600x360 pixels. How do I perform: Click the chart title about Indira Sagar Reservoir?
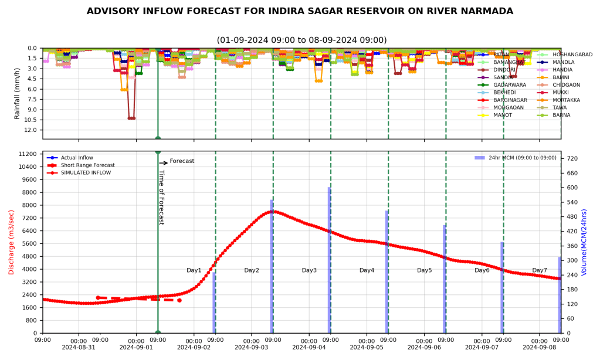pyautogui.click(x=300, y=11)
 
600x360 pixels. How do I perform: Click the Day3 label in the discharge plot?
pyautogui.click(x=309, y=270)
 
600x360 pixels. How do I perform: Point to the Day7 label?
pyautogui.click(x=540, y=270)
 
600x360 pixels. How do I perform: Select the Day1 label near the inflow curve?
pyautogui.click(x=194, y=270)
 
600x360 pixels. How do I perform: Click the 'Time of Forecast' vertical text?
pyautogui.click(x=162, y=198)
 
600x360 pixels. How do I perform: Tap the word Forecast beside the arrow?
pyautogui.click(x=182, y=161)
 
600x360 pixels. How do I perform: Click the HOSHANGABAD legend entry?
pyautogui.click(x=572, y=55)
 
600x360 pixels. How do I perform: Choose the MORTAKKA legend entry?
pyautogui.click(x=567, y=100)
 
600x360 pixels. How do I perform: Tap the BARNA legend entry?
pyautogui.click(x=561, y=116)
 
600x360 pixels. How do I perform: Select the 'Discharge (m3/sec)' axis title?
pyautogui.click(x=11, y=242)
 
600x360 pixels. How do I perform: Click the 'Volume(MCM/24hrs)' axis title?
pyautogui.click(x=584, y=242)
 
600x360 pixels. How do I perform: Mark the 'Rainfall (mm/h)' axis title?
pyautogui.click(x=17, y=93)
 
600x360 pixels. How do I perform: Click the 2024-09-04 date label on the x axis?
pyautogui.click(x=309, y=347)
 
